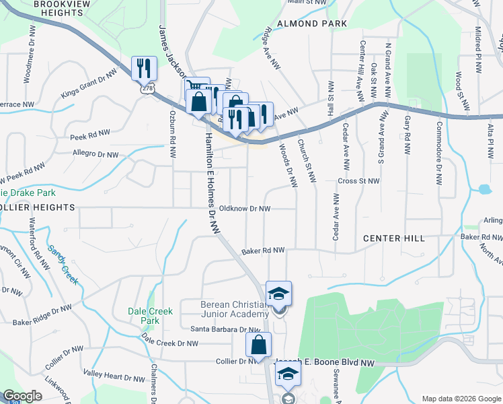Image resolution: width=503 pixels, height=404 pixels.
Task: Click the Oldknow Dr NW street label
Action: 245,209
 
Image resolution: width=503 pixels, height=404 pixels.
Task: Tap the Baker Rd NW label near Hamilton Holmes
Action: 264,250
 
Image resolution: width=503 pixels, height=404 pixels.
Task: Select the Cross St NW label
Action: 359,181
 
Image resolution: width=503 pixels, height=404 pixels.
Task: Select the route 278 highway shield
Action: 145,88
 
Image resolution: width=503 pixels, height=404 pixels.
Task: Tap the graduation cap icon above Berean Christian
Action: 279,293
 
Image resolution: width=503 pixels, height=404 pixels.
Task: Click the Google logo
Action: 22,396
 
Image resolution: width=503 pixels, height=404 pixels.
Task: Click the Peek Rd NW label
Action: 89,135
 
